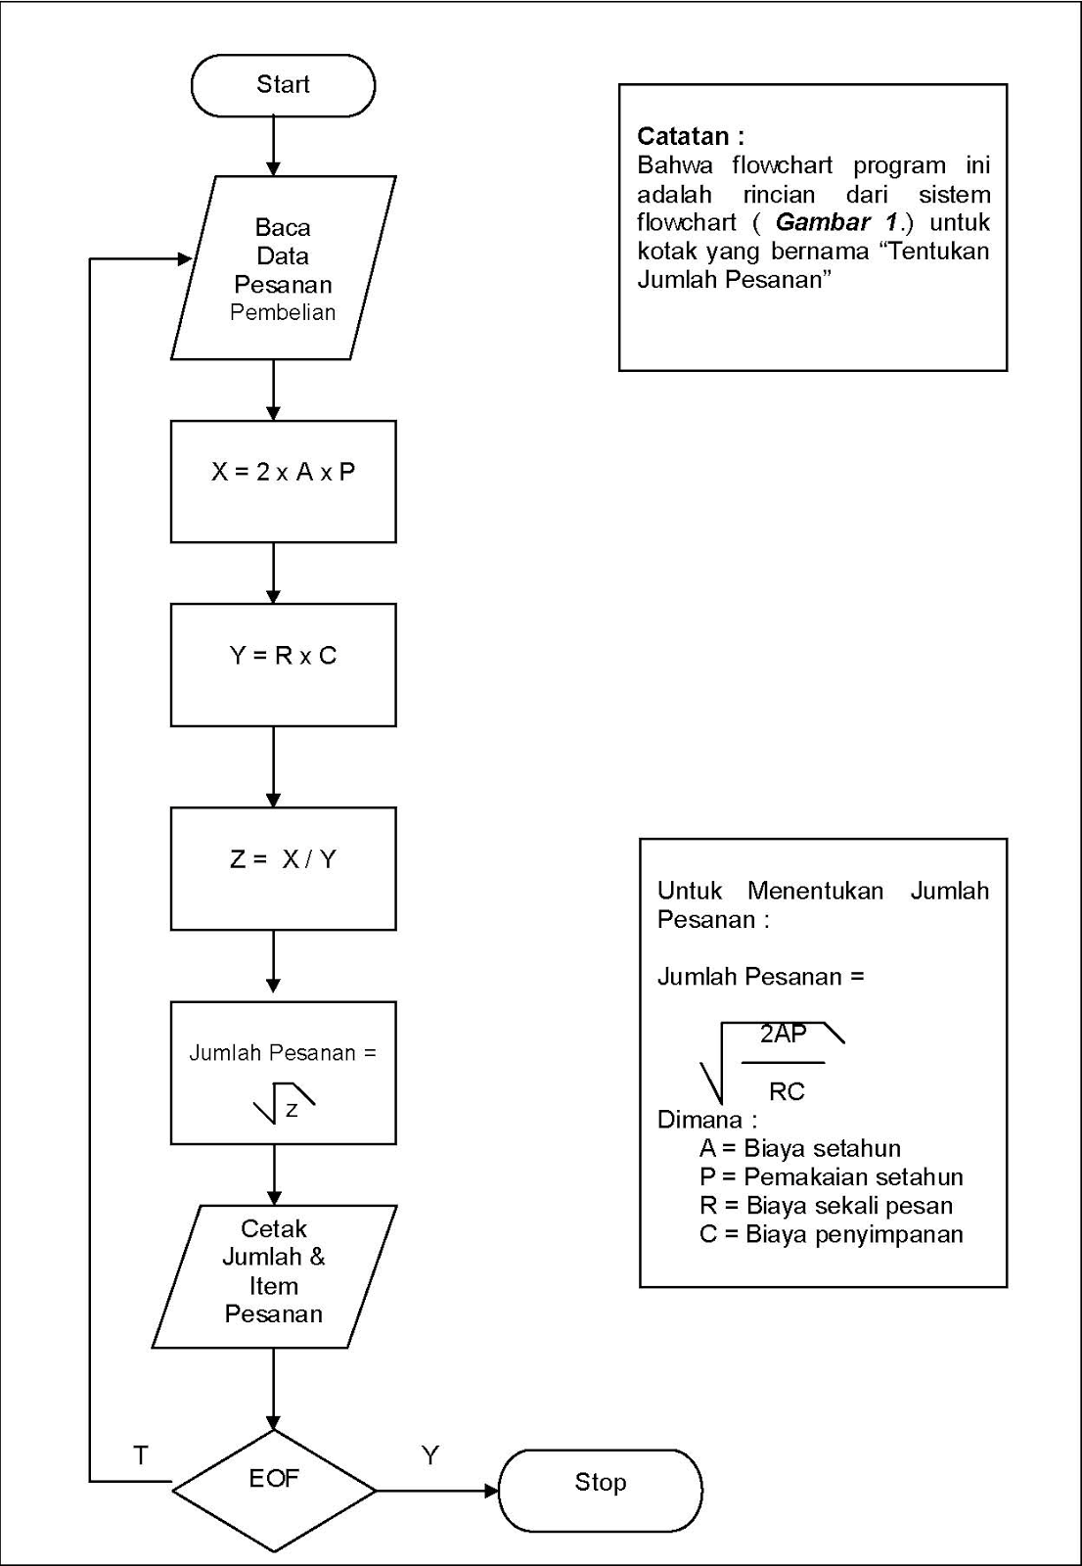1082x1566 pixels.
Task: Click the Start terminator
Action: click(x=283, y=85)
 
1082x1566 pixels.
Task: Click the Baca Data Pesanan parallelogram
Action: click(x=283, y=268)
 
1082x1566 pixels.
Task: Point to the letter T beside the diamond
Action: click(x=141, y=1455)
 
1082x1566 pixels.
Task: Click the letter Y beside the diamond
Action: click(x=430, y=1455)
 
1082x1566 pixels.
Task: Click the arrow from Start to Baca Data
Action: click(x=274, y=146)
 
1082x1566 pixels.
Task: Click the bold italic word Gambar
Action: click(x=823, y=222)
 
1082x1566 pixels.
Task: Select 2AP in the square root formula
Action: click(x=784, y=1034)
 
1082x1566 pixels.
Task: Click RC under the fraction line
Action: click(x=787, y=1091)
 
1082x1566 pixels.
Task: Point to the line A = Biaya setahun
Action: click(x=799, y=1148)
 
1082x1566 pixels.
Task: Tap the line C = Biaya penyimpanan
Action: click(x=831, y=1234)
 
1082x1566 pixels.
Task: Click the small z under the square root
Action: click(x=292, y=1110)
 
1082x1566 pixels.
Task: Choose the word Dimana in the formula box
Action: click(x=699, y=1120)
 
